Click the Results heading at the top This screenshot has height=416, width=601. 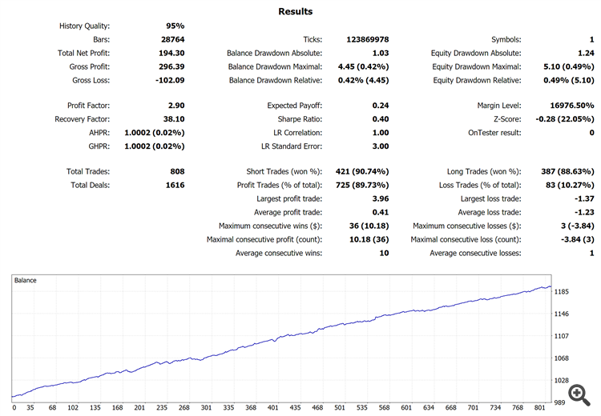[x=296, y=11]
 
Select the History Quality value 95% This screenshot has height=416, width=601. [x=175, y=26]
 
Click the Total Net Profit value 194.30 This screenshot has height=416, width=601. [x=171, y=53]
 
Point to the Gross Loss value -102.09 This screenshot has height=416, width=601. [x=168, y=80]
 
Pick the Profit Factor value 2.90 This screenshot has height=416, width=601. [x=175, y=106]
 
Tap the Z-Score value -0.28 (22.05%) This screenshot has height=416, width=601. [x=555, y=119]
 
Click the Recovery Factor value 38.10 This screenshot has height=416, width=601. [x=173, y=119]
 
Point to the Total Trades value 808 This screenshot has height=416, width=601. [x=177, y=172]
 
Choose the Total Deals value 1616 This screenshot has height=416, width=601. [x=174, y=186]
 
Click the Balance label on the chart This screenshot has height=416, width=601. [x=26, y=281]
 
